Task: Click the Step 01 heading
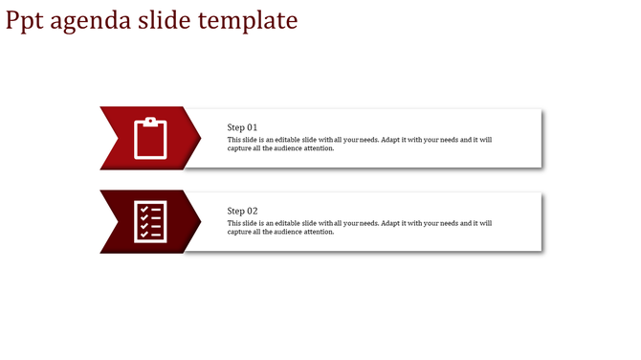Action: click(x=242, y=127)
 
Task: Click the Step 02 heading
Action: click(x=242, y=211)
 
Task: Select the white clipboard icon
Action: click(x=150, y=138)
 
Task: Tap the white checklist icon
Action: click(x=150, y=221)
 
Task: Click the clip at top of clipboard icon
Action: click(x=150, y=120)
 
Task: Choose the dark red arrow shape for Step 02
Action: click(x=120, y=222)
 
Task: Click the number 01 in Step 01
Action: click(x=253, y=127)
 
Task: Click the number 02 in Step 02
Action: click(x=253, y=211)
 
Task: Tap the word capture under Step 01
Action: click(x=240, y=148)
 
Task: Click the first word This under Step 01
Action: click(x=234, y=140)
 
